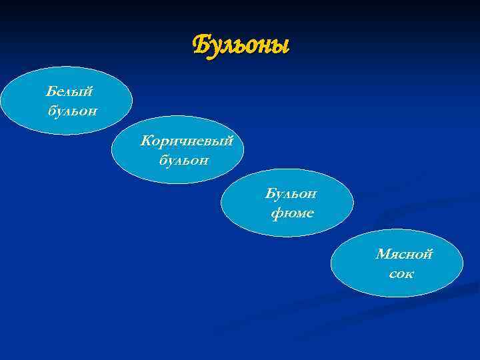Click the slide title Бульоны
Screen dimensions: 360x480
click(241, 47)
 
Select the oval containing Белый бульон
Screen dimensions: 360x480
click(67, 100)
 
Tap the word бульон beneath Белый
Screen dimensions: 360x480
click(72, 110)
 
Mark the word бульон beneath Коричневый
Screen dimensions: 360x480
click(184, 160)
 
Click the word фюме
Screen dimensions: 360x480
click(292, 213)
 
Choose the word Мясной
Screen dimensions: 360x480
click(404, 254)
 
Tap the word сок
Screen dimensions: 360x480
click(401, 273)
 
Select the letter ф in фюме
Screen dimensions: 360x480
click(276, 214)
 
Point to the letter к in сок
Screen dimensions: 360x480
click(409, 274)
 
